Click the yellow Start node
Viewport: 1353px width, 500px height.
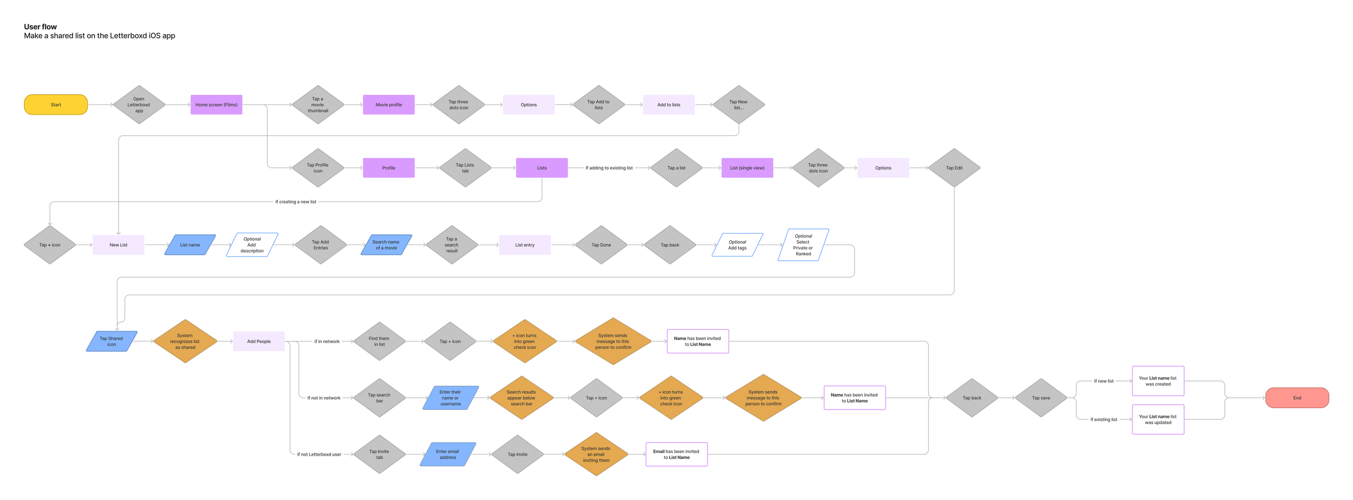click(56, 105)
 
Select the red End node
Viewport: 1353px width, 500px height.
click(1297, 398)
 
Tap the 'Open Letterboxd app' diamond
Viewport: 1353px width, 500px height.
click(139, 105)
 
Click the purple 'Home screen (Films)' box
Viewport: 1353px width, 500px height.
click(216, 105)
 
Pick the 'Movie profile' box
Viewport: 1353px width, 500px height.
click(389, 105)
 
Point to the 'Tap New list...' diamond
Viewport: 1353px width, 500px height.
click(738, 105)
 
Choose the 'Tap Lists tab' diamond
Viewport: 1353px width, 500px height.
click(465, 168)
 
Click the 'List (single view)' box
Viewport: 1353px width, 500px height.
click(747, 168)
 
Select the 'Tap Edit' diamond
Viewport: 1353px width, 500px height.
click(954, 168)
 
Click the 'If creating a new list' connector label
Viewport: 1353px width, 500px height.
click(295, 202)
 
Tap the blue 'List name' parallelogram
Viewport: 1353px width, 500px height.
click(190, 245)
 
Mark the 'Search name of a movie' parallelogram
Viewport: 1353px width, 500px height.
click(386, 245)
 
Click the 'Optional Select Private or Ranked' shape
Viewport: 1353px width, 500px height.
click(803, 245)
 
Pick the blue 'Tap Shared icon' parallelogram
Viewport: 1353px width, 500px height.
click(111, 341)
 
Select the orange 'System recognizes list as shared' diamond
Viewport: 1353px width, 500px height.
click(185, 341)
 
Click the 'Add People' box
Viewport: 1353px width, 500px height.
click(259, 341)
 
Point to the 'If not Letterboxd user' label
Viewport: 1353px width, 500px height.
click(319, 455)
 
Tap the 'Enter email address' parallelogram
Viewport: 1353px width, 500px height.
click(448, 455)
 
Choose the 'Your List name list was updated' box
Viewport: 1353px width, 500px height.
click(1158, 419)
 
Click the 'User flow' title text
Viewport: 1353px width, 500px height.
click(41, 27)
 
